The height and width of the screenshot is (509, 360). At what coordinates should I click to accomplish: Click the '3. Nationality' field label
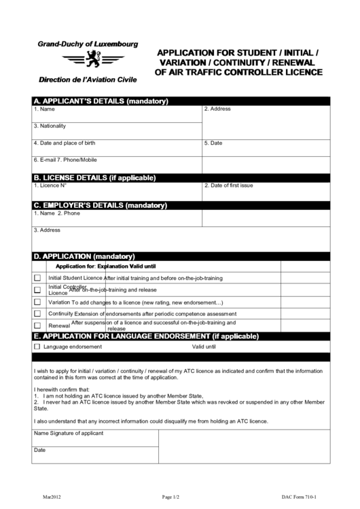pos(50,126)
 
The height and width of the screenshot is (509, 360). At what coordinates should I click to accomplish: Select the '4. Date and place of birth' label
pos(65,143)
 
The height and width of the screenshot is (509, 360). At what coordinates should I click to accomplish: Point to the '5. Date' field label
pos(213,143)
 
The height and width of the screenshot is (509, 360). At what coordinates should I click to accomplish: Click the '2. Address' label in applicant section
pos(217,109)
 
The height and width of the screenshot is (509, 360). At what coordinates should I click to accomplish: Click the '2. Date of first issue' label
pos(229,185)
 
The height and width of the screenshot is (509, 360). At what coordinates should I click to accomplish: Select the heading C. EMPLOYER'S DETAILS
pos(100,205)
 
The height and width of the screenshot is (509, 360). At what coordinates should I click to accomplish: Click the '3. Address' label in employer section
pos(48,230)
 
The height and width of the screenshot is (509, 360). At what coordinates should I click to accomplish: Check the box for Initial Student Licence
pos(37,278)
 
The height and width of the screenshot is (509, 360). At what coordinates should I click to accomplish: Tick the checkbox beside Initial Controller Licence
pos(37,289)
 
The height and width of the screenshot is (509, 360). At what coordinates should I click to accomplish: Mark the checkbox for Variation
pos(37,302)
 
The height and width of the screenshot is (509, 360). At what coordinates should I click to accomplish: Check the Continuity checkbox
pos(37,313)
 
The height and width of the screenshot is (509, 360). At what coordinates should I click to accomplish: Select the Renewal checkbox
pos(37,326)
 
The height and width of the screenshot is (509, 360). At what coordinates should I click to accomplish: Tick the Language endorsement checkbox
pos(37,347)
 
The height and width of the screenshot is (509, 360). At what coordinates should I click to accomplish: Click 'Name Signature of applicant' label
pos(69,433)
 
